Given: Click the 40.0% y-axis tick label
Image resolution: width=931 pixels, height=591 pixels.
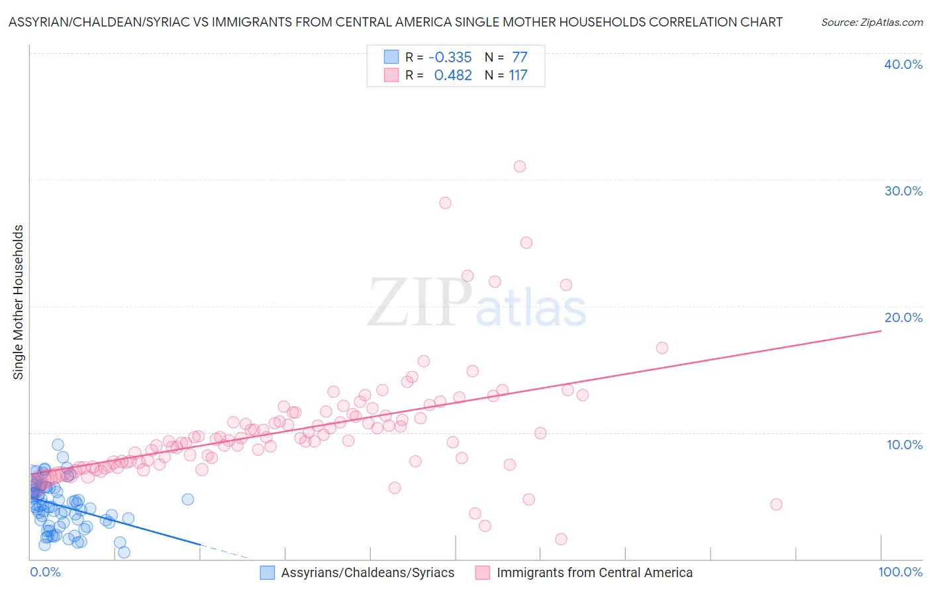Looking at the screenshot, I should (x=903, y=64).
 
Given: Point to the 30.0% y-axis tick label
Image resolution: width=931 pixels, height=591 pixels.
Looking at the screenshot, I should (x=903, y=191).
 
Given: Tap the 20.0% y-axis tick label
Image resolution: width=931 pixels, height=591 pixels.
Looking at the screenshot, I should (x=903, y=317).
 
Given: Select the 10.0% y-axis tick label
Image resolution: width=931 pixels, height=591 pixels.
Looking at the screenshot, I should (x=905, y=445).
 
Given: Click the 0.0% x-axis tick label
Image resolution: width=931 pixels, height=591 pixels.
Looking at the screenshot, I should (x=45, y=572).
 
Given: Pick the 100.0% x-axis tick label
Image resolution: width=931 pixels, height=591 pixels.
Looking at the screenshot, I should (x=900, y=572).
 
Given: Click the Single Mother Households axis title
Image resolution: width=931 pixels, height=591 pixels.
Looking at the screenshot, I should (x=19, y=302).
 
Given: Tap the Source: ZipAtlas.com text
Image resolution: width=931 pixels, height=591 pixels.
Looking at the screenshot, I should (x=871, y=22).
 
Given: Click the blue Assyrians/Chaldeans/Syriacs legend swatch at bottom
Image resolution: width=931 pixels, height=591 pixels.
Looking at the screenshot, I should (x=267, y=572).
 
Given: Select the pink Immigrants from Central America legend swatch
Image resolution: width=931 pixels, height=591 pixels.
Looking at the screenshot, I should (x=483, y=572).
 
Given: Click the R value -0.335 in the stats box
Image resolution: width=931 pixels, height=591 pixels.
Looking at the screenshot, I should (x=450, y=57).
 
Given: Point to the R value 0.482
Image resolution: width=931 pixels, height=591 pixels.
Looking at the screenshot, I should (x=453, y=75).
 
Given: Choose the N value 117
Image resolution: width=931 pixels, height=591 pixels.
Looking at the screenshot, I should (x=518, y=75).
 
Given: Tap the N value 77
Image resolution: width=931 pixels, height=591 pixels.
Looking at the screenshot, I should (x=519, y=57).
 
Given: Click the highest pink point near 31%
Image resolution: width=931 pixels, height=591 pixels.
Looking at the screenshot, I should (x=520, y=166).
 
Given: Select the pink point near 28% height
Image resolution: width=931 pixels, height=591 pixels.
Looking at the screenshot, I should (x=445, y=203).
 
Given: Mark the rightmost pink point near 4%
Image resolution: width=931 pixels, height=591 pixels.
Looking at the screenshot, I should (x=776, y=504).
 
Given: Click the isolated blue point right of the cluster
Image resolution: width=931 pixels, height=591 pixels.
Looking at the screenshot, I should (x=187, y=499).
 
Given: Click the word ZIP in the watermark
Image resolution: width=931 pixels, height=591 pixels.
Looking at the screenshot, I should (x=418, y=302).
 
